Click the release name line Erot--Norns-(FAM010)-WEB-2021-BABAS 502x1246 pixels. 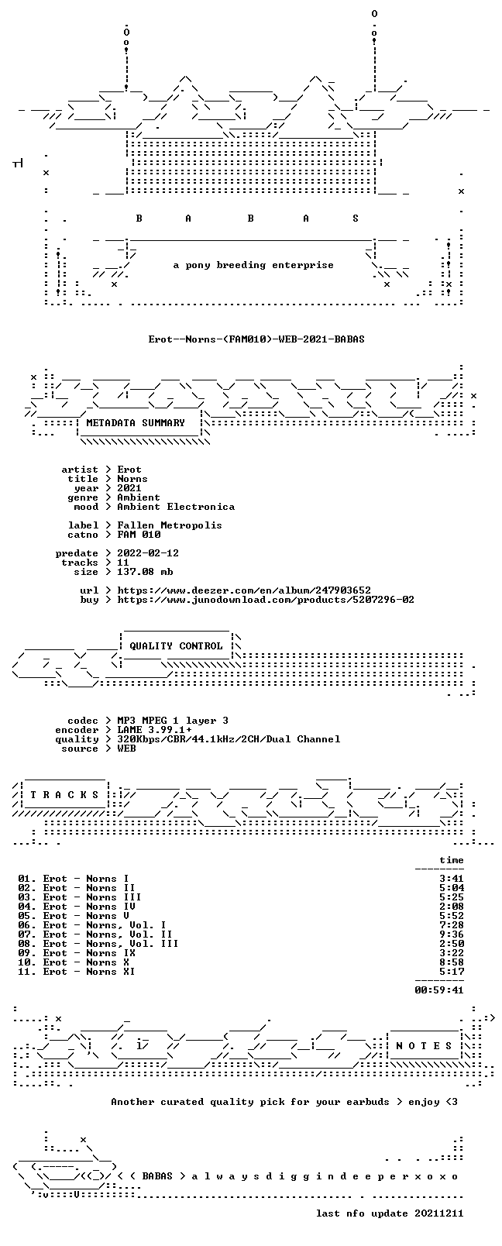256,339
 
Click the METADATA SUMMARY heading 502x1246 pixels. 135,423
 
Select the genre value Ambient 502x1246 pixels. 139,497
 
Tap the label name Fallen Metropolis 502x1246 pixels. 169,525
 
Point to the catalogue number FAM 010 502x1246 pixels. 139,535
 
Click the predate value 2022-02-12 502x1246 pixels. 148,553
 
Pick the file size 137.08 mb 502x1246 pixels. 145,572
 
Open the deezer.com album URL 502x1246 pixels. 243,590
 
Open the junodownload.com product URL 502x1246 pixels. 265,600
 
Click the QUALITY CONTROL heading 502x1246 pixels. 176,645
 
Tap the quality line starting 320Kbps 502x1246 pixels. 229,739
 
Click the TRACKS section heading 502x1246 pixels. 64,795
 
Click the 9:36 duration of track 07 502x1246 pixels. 452,934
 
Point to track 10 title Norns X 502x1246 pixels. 107,962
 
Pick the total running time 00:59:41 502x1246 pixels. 439,990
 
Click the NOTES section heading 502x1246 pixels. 425,1046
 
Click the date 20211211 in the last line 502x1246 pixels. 439,1213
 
